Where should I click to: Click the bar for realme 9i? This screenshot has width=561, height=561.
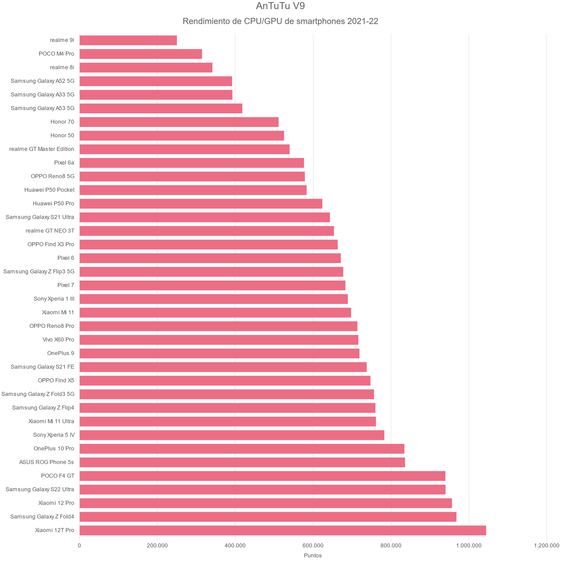(x=128, y=40)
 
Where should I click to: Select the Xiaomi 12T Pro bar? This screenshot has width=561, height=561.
(x=283, y=530)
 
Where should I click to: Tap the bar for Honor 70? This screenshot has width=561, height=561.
(x=179, y=122)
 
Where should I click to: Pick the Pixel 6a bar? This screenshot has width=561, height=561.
(x=192, y=163)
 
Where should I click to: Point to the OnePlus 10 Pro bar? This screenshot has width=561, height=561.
(x=242, y=449)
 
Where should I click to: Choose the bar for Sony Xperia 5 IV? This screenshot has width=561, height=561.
(x=232, y=435)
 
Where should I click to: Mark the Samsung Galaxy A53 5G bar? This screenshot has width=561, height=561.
(x=161, y=108)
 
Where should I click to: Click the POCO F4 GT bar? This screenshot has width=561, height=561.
(x=262, y=476)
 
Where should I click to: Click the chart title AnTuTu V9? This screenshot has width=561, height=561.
(x=280, y=6)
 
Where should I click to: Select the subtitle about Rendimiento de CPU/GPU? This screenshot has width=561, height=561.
(x=280, y=21)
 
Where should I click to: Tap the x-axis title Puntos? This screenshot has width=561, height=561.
(x=313, y=555)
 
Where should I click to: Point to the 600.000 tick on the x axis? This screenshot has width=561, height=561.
(x=313, y=545)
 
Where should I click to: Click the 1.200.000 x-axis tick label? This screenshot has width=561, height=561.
(x=547, y=545)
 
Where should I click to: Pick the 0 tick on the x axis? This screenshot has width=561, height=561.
(x=79, y=545)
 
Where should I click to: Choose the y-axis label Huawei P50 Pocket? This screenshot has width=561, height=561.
(x=49, y=190)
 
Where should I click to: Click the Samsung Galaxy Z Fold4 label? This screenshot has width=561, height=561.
(x=42, y=517)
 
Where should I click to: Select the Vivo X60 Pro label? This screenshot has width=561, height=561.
(x=58, y=340)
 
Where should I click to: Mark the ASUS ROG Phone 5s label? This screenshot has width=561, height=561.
(x=47, y=462)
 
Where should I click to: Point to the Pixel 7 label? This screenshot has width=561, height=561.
(x=66, y=285)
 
